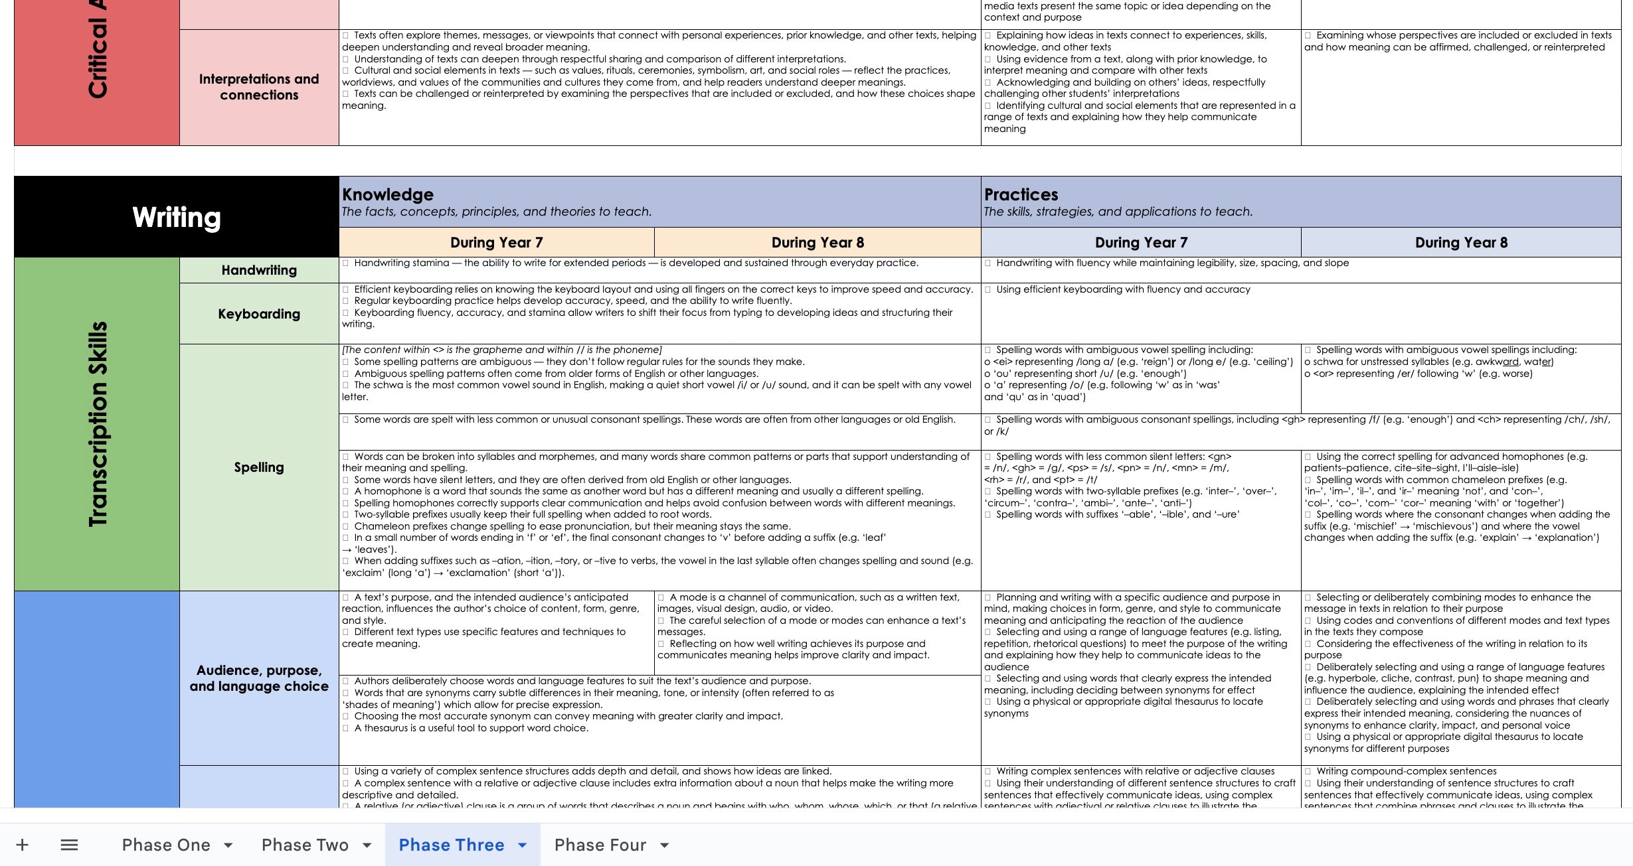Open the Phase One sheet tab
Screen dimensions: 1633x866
[x=166, y=845]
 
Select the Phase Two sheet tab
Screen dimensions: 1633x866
[x=305, y=845]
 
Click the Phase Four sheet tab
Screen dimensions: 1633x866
[x=600, y=845]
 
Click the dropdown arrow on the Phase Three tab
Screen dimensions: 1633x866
[x=523, y=845]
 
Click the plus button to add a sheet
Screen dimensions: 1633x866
[x=23, y=845]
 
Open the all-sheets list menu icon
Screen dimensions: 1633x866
[x=69, y=845]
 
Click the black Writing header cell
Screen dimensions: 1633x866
[x=176, y=217]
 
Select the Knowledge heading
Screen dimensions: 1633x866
[x=388, y=194]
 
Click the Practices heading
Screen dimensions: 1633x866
[x=1021, y=194]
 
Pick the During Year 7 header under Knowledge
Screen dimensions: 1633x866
[x=496, y=243]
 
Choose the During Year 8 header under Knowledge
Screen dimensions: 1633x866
[x=817, y=243]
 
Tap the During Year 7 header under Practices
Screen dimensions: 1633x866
[x=1141, y=243]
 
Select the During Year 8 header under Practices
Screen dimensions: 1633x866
[x=1461, y=243]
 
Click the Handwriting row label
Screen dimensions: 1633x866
[x=259, y=270]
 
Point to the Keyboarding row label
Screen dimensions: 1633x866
[x=259, y=314]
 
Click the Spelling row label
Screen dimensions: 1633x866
[x=259, y=467]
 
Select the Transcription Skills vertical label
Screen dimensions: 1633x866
[x=98, y=424]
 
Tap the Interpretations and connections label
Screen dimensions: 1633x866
[x=259, y=87]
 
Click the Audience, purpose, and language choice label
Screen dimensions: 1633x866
[x=259, y=678]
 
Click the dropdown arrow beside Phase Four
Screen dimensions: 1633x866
[x=664, y=845]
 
